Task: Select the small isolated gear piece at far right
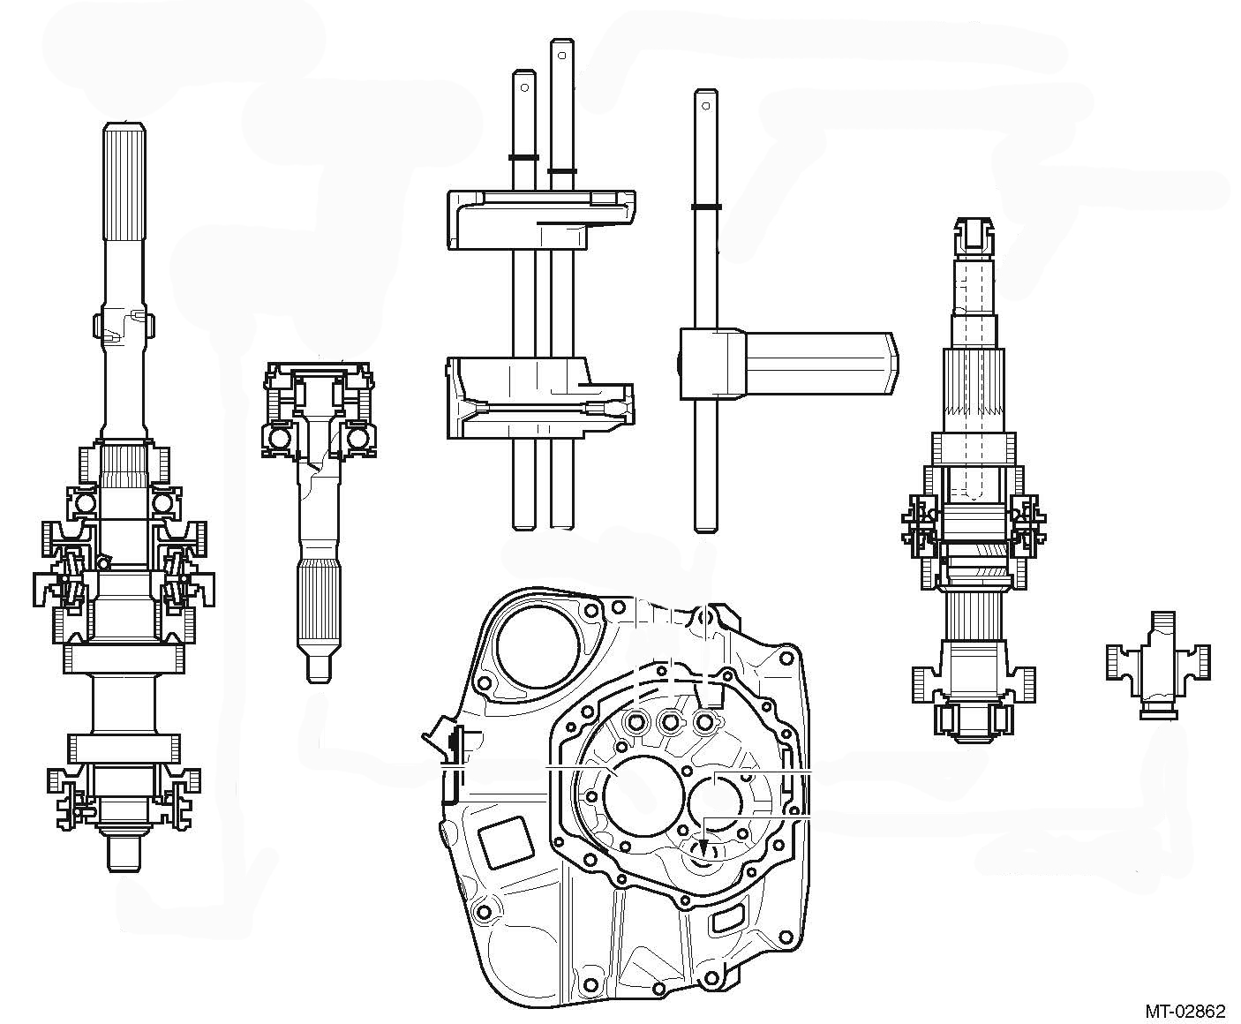1158,664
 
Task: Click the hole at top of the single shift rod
705,105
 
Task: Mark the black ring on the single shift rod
705,207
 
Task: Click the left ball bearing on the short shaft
281,439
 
